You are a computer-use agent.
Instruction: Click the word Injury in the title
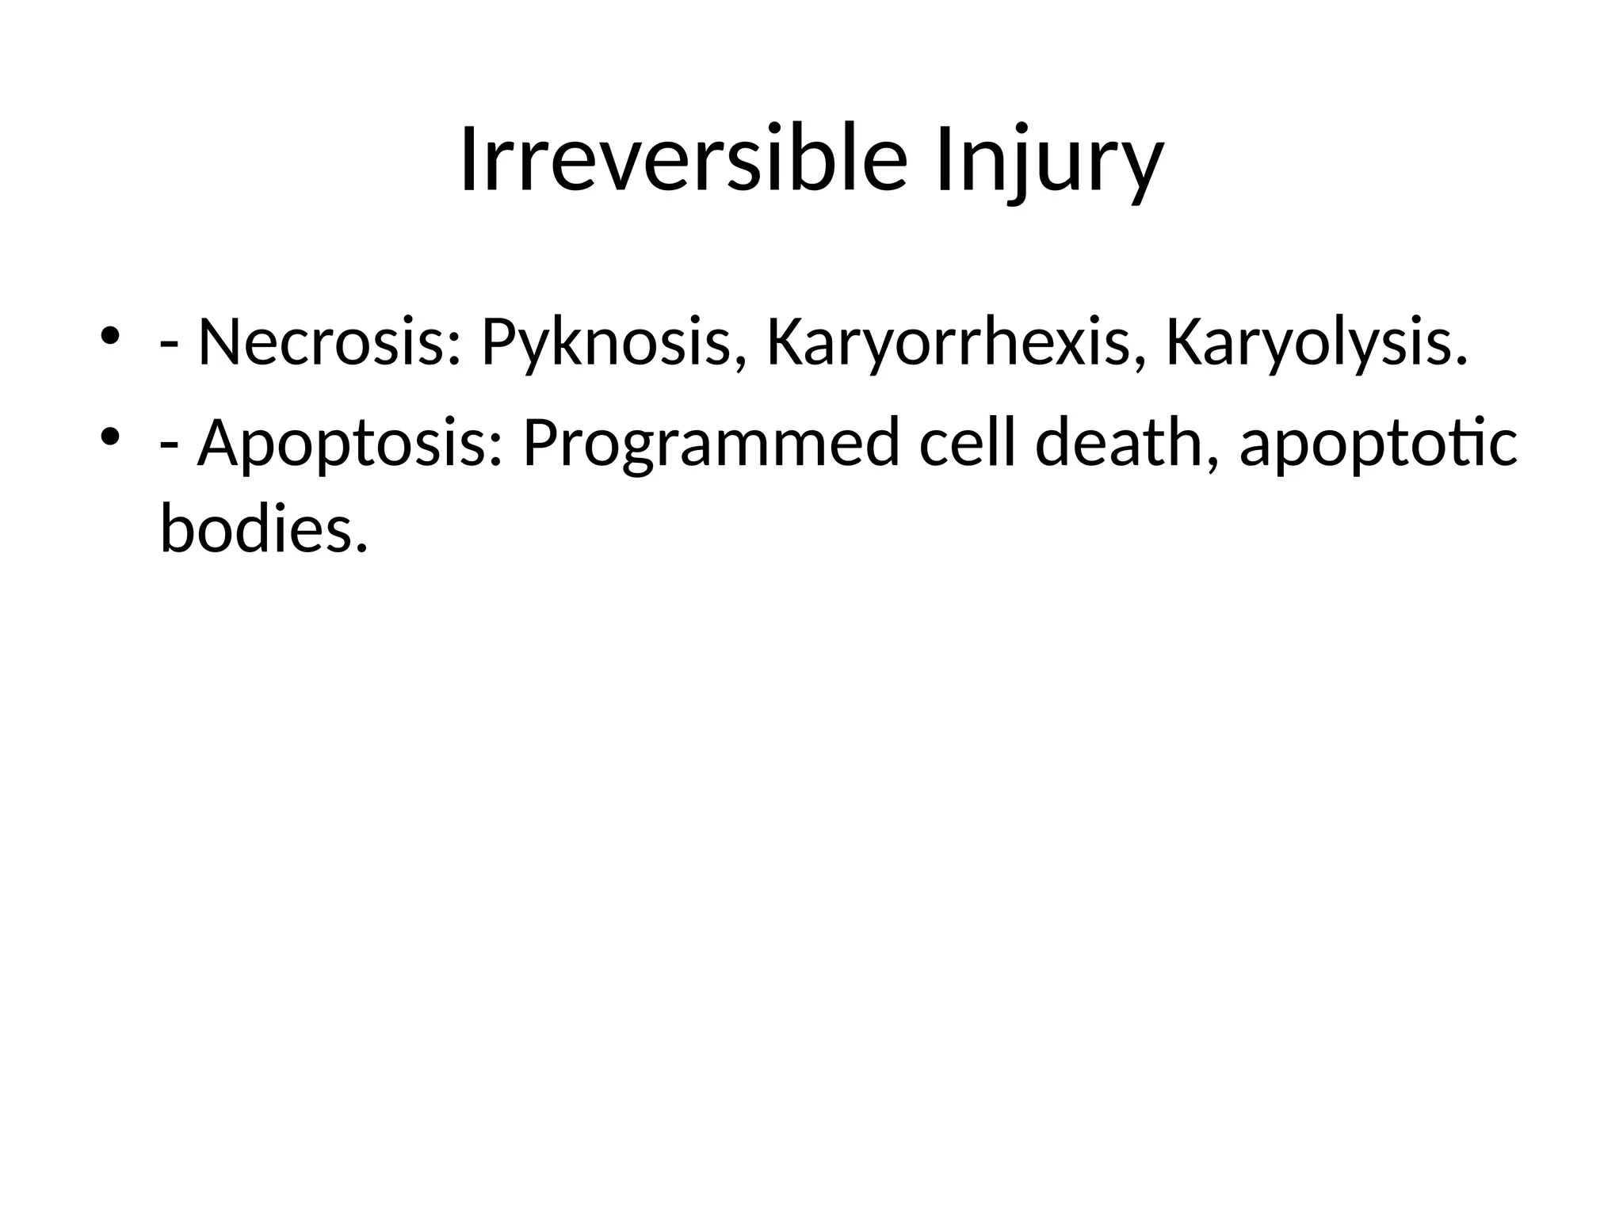[x=1049, y=162]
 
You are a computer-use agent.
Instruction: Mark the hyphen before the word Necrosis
[x=168, y=347]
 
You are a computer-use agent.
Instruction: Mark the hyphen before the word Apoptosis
[x=168, y=447]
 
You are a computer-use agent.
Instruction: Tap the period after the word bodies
[x=362, y=547]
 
